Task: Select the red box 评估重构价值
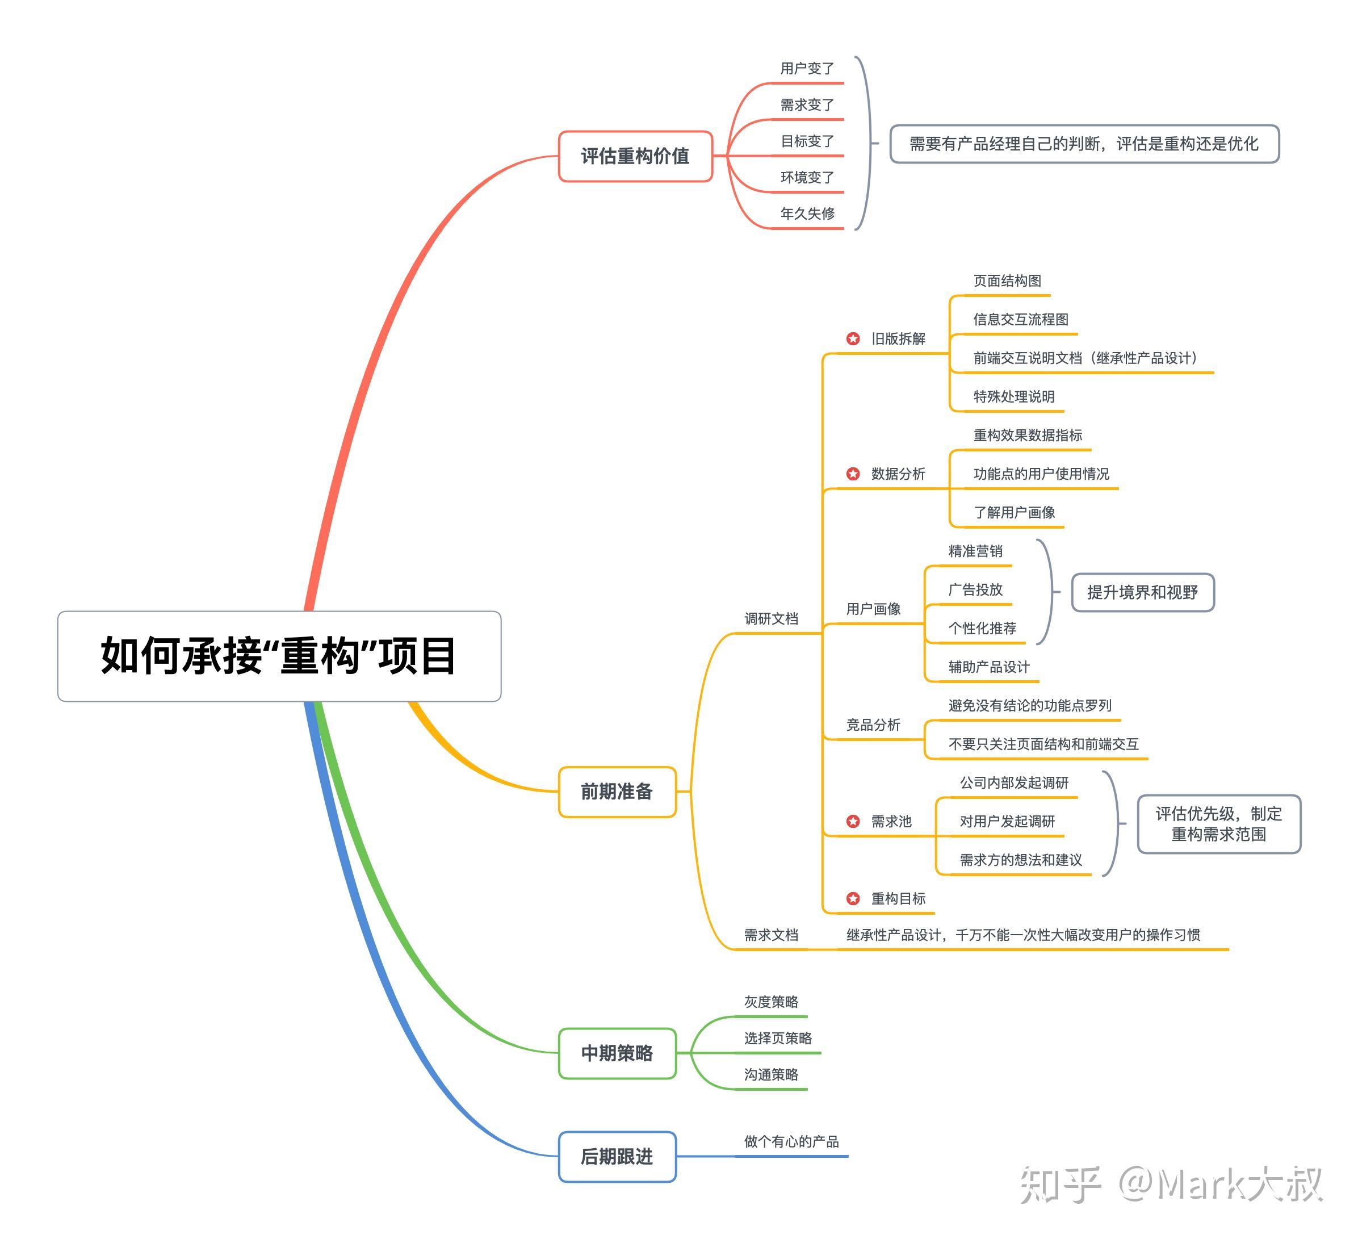tap(635, 156)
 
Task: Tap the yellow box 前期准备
tap(617, 792)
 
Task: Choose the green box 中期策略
tap(617, 1053)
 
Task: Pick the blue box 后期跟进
tap(617, 1157)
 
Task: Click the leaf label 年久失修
tap(807, 214)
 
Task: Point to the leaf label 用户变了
tap(807, 69)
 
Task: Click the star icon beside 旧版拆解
tap(853, 338)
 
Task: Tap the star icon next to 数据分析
tap(853, 474)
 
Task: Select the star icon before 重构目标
tap(853, 898)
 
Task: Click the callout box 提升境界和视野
tap(1142, 592)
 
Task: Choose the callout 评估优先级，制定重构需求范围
tap(1218, 824)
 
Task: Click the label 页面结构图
tap(1007, 281)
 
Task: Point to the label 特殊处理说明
tap(1014, 397)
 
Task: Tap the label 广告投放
tap(975, 589)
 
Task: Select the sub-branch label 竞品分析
tap(873, 725)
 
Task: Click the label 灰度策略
tap(770, 1002)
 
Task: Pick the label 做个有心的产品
tap(791, 1141)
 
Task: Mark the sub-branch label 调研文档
tap(770, 618)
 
